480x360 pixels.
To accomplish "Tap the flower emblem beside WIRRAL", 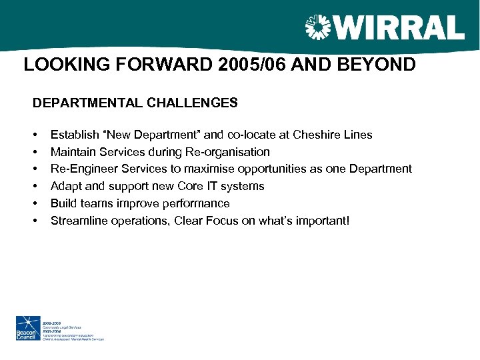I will point(317,28).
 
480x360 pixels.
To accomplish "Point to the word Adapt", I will point(65,187).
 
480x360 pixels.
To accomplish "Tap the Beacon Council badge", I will point(29,329).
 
